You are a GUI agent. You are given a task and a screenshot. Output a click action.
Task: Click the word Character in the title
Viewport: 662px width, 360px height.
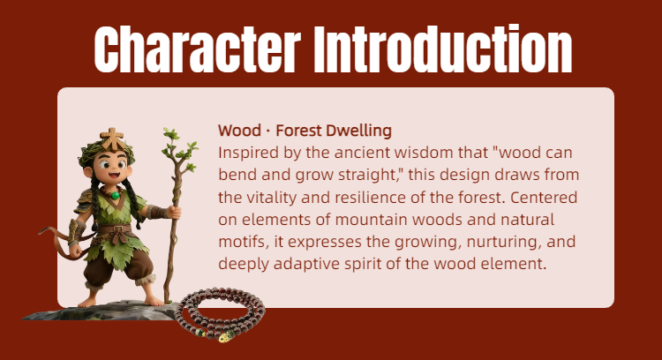197,49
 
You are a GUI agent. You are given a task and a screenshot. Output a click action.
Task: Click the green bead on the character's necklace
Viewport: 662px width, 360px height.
116,195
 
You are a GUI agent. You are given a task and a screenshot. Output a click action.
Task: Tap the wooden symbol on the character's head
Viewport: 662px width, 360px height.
112,139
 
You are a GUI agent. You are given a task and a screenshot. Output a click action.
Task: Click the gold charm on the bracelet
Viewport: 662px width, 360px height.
225,337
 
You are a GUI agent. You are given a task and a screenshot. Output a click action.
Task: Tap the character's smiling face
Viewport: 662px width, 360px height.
111,168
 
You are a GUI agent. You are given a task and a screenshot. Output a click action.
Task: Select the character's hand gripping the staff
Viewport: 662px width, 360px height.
174,212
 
